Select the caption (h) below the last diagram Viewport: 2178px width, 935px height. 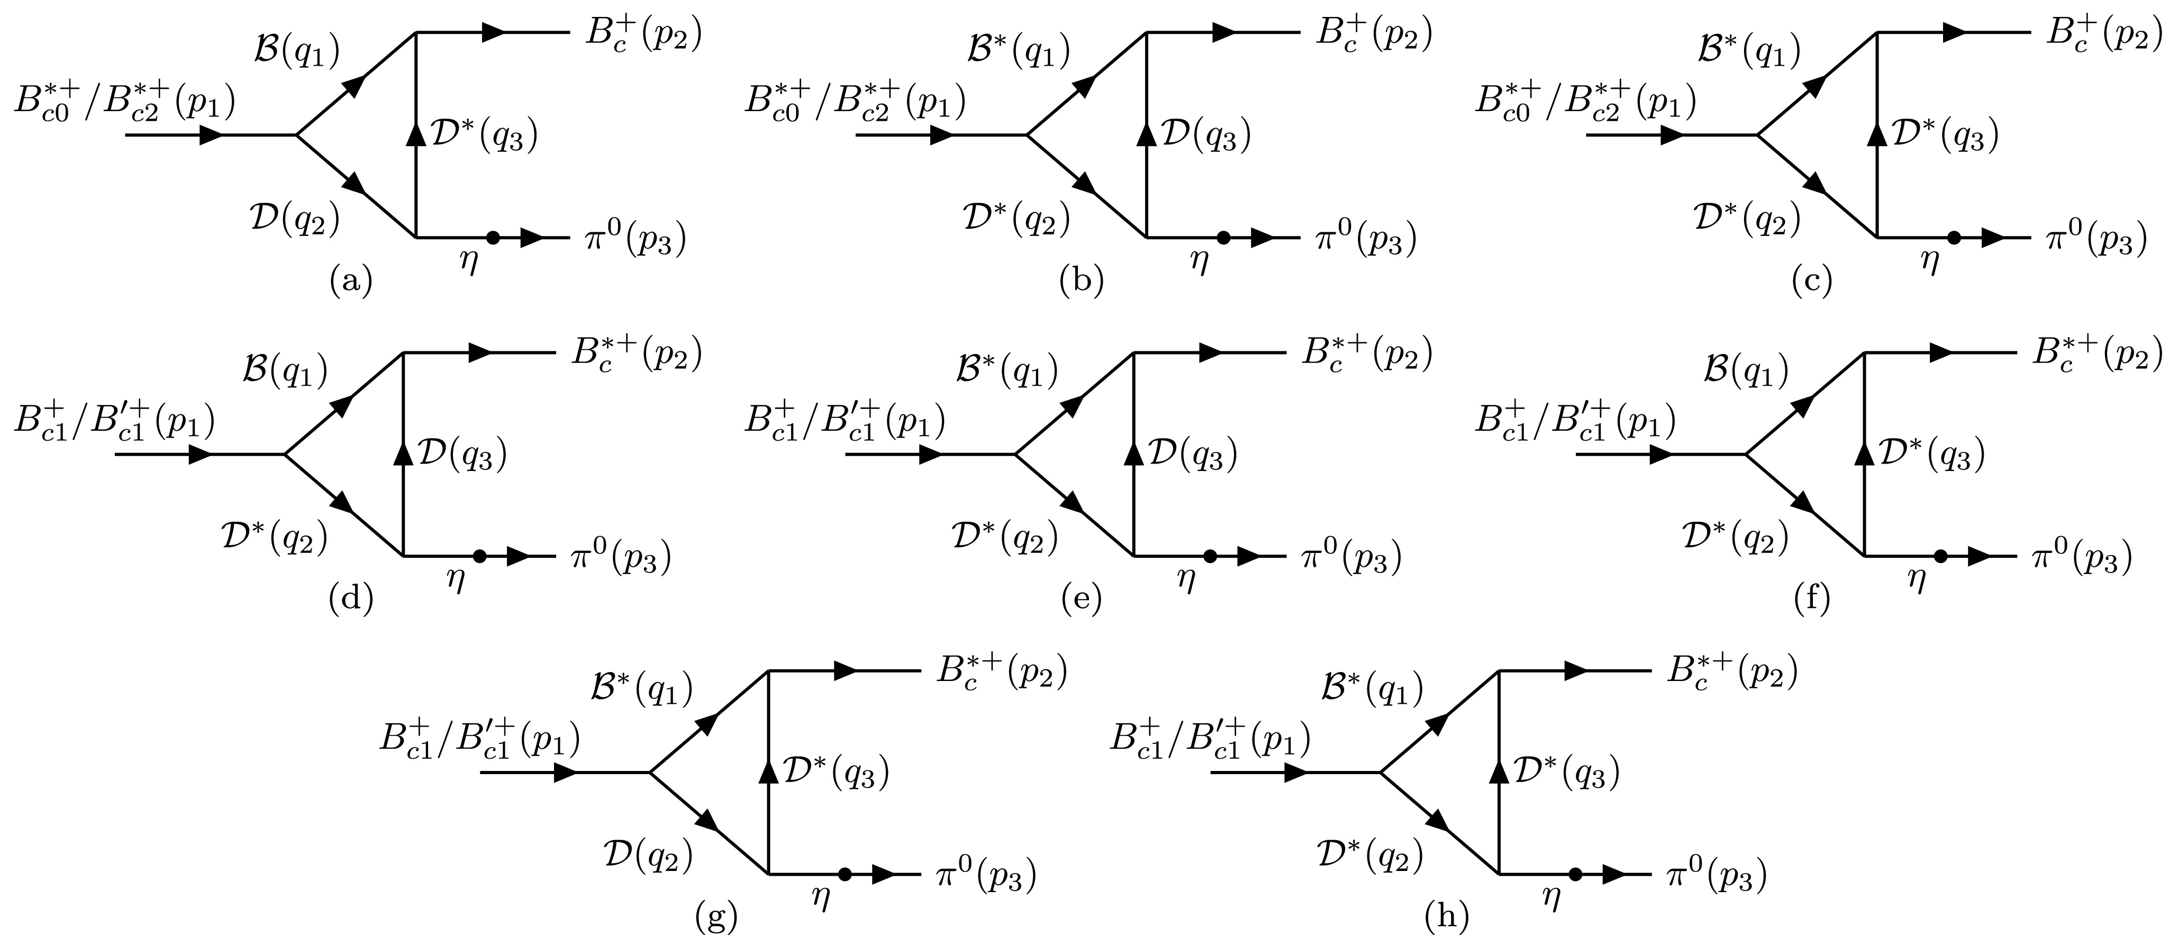click(1447, 916)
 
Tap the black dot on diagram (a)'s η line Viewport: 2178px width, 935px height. click(493, 238)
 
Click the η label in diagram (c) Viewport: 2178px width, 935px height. click(1929, 262)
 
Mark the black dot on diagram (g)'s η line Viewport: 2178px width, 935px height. click(844, 874)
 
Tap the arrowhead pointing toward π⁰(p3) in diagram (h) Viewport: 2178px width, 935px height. click(1613, 874)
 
